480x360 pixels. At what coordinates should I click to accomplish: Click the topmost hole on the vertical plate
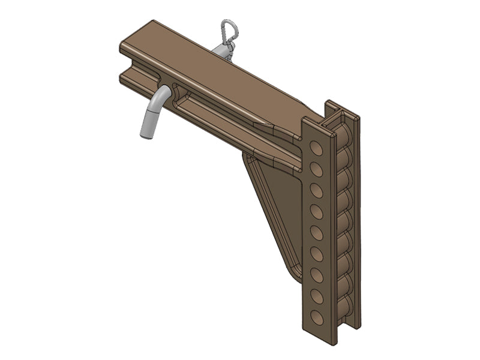point(313,147)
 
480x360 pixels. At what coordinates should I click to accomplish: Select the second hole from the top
point(313,169)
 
